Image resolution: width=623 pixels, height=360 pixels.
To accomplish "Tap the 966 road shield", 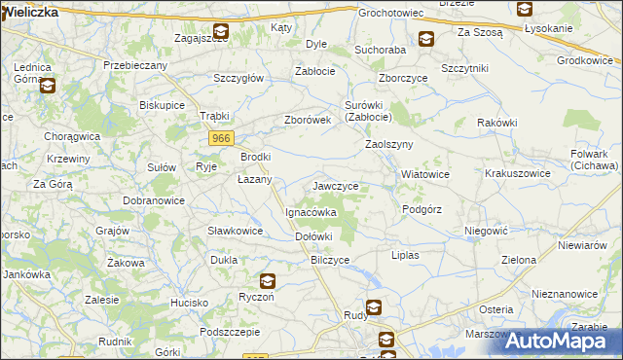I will pyautogui.click(x=220, y=139).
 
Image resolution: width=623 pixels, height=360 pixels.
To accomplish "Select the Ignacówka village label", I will pyautogui.click(x=311, y=211).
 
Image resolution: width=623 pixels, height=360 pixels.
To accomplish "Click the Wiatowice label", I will pyautogui.click(x=425, y=175).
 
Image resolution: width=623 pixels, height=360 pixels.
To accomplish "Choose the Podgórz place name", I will pyautogui.click(x=421, y=209).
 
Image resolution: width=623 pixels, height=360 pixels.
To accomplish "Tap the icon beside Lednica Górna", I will pyautogui.click(x=47, y=85).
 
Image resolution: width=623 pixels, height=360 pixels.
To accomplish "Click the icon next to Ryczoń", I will pyautogui.click(x=268, y=282).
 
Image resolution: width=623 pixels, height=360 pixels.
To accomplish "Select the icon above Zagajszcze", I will pyautogui.click(x=221, y=31).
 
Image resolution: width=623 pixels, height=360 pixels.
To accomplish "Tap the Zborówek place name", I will pyautogui.click(x=308, y=121).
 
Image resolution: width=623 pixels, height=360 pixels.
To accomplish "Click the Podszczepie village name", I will pyautogui.click(x=229, y=331).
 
